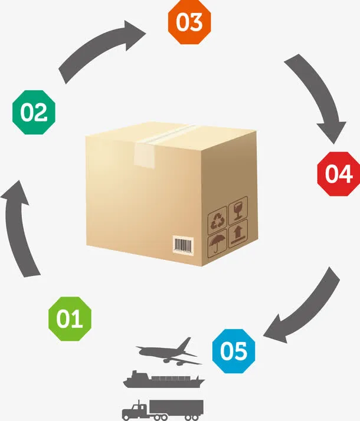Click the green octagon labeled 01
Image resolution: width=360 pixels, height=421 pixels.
(x=70, y=318)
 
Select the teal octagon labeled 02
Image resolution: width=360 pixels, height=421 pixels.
(x=34, y=112)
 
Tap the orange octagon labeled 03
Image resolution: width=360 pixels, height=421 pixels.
(x=189, y=22)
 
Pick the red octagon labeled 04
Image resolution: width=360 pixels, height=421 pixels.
(x=338, y=173)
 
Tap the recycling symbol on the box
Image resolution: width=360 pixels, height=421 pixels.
(x=217, y=221)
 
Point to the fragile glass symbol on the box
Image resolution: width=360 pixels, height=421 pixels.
(x=238, y=208)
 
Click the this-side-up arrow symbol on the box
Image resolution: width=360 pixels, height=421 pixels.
(x=238, y=232)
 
